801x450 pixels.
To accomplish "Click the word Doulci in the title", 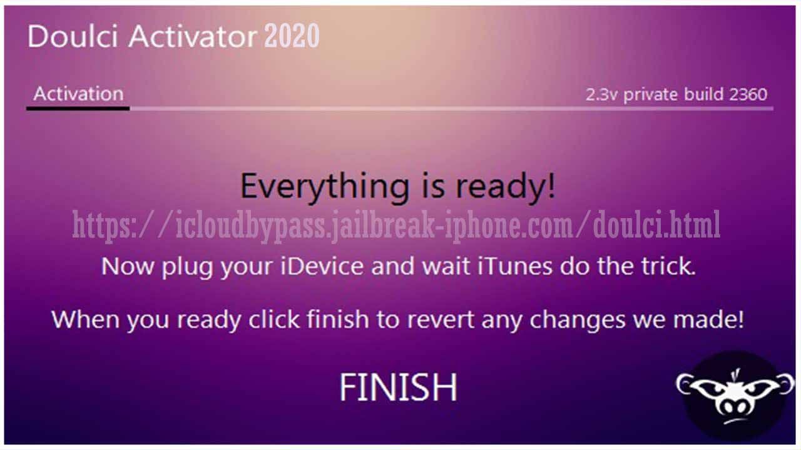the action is (73, 36).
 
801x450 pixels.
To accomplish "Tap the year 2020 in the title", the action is (292, 36).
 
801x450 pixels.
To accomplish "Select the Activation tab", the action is (78, 94).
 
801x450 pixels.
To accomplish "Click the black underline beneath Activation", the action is (78, 108).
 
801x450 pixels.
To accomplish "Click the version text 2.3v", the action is (601, 94).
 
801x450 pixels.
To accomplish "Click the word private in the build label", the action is (650, 96).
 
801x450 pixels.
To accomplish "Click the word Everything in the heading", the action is (325, 187).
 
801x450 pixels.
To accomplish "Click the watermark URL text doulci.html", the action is (656, 224).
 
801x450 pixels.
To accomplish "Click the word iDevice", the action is (322, 266).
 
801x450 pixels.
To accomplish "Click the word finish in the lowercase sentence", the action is (337, 319).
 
